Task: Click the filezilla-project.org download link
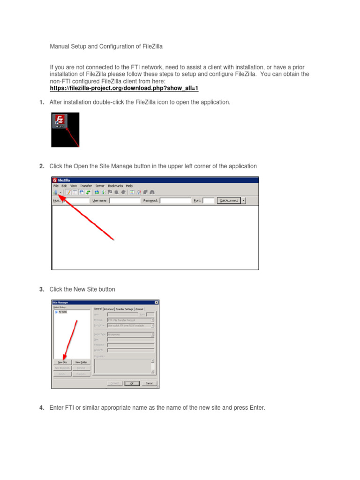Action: click(x=124, y=88)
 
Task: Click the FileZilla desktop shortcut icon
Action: click(x=60, y=121)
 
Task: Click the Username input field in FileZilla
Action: click(x=125, y=200)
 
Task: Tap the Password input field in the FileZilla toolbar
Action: click(x=175, y=200)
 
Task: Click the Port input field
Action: click(x=208, y=200)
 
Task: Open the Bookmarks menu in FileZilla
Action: click(x=115, y=186)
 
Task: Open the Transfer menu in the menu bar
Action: click(x=86, y=186)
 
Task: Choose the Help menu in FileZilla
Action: click(x=129, y=186)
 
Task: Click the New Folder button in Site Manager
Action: click(x=81, y=362)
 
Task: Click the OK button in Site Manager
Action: click(x=129, y=383)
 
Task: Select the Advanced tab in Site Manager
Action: click(x=109, y=309)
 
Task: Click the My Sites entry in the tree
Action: click(x=62, y=312)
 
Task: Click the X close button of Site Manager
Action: click(x=156, y=302)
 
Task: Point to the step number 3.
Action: click(x=42, y=290)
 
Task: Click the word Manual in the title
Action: click(x=59, y=47)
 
